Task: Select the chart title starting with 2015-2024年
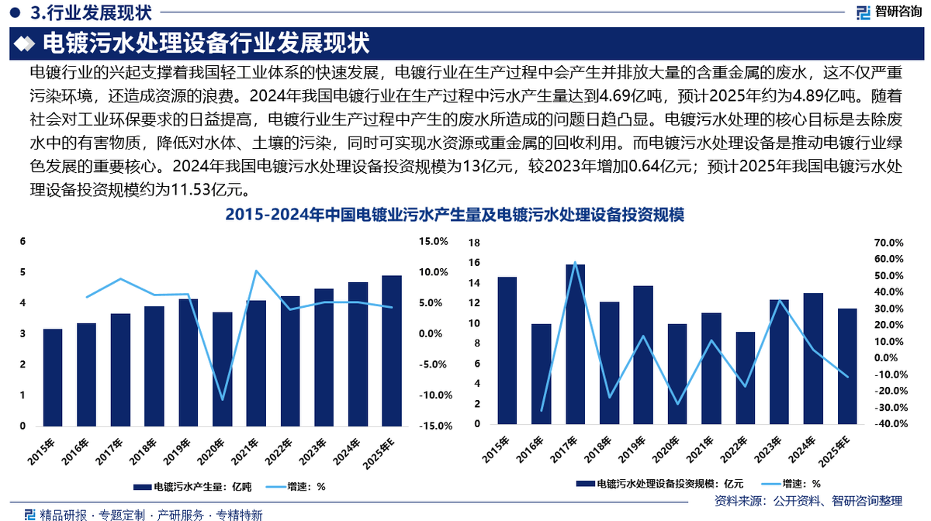pyautogui.click(x=454, y=215)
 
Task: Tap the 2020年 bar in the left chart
pyautogui.click(x=223, y=369)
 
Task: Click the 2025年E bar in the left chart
pyautogui.click(x=392, y=350)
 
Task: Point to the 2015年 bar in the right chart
pyautogui.click(x=507, y=350)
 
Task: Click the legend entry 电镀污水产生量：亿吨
pyautogui.click(x=194, y=487)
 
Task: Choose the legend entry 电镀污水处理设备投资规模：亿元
pyautogui.click(x=659, y=482)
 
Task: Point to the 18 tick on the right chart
pyautogui.click(x=476, y=243)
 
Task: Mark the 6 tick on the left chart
pyautogui.click(x=23, y=242)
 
